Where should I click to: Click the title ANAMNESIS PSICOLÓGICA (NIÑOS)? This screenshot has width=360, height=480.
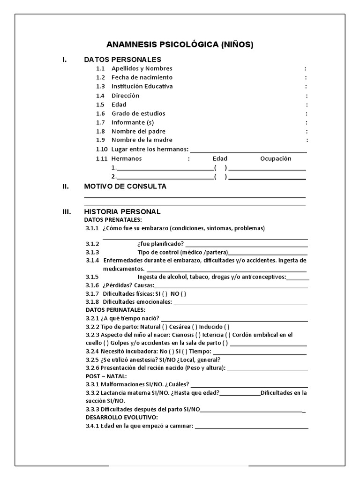pos(180,45)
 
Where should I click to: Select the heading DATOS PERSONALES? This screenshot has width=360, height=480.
pos(122,60)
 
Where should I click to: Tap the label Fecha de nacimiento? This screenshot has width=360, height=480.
pos(142,77)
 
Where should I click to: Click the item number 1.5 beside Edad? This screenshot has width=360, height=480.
pos(100,105)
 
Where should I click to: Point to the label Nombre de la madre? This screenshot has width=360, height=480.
pos(142,140)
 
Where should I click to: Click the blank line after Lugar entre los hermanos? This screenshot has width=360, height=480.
pos(248,150)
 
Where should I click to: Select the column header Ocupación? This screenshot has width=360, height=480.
pos(276,158)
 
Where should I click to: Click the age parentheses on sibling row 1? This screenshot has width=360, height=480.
pos(220,168)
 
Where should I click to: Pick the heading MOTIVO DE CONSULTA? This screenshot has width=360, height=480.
pos(125,187)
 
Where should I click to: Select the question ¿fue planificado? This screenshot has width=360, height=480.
pos(160,244)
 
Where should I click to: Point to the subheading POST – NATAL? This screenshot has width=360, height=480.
pos(106,376)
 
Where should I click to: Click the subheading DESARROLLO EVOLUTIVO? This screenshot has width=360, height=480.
pos(121,417)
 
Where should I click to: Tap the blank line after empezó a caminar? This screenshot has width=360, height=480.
pos(252,427)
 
